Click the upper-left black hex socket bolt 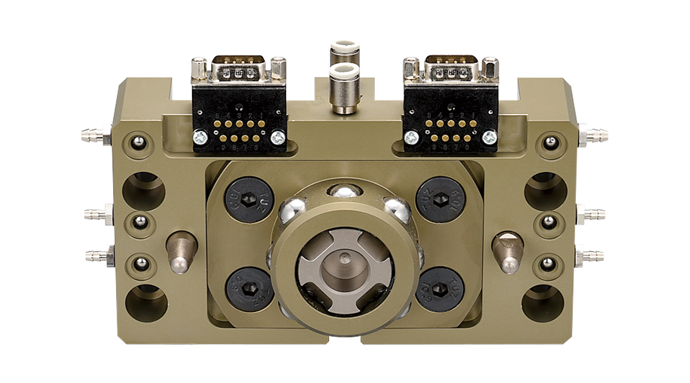click(249, 199)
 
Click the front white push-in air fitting click(344, 88)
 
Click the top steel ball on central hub click(344, 190)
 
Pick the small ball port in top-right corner click(550, 142)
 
